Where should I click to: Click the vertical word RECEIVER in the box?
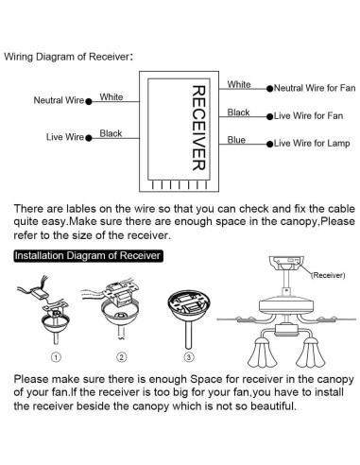click(x=199, y=128)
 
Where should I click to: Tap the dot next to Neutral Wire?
click(x=89, y=102)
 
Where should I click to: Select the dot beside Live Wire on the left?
click(x=89, y=138)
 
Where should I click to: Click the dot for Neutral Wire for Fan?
click(x=269, y=89)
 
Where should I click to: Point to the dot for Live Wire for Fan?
click(x=269, y=116)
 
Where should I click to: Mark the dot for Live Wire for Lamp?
click(x=269, y=144)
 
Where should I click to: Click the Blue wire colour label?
click(x=236, y=140)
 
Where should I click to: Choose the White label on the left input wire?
click(x=111, y=96)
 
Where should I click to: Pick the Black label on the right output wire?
click(x=238, y=112)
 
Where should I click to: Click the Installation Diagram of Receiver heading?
click(x=88, y=255)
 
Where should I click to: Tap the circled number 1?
click(x=56, y=357)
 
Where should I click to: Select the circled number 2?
click(x=122, y=357)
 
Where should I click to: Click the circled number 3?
click(x=189, y=357)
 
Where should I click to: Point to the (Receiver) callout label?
click(x=328, y=275)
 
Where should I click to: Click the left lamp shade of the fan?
click(x=263, y=353)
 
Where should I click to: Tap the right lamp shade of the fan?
click(x=311, y=353)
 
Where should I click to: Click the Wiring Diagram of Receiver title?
click(x=68, y=57)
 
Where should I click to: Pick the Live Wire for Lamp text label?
click(x=312, y=144)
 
